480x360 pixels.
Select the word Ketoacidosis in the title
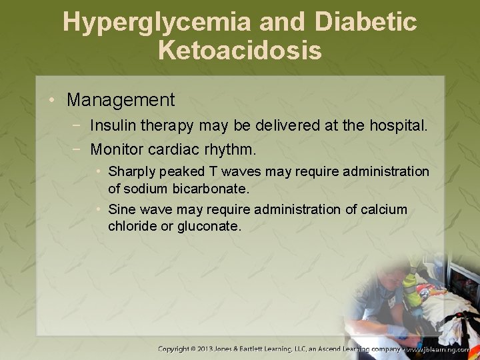pos(240,51)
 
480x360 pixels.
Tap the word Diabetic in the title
pos(366,23)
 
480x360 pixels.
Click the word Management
pos(121,101)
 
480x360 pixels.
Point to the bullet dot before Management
pos(51,101)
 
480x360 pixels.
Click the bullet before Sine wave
pos(98,209)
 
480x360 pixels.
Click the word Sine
pos(121,209)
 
